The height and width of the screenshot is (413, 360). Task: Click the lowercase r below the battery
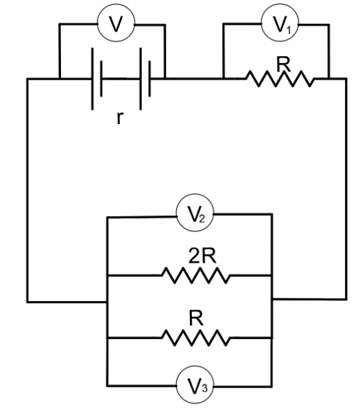[120, 118]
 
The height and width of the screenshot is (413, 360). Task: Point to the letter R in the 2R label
[209, 255]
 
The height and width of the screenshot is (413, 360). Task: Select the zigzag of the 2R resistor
[196, 276]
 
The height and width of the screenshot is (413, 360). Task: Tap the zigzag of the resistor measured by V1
[280, 78]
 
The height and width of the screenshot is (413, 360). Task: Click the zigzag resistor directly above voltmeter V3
[196, 338]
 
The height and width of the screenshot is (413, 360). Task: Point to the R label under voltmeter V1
[284, 64]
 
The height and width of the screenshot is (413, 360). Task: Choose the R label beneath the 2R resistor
[197, 318]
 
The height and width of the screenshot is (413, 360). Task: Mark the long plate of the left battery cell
[93, 79]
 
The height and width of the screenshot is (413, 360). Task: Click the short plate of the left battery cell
[101, 78]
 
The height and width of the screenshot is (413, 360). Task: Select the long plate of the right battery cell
[141, 79]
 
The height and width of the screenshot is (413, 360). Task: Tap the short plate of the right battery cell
[149, 78]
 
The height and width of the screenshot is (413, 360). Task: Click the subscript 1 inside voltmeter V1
[289, 29]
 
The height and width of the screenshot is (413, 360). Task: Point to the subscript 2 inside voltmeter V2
[202, 219]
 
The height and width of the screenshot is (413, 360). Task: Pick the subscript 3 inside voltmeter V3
[204, 388]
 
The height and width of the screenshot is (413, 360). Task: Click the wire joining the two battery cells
[121, 78]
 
